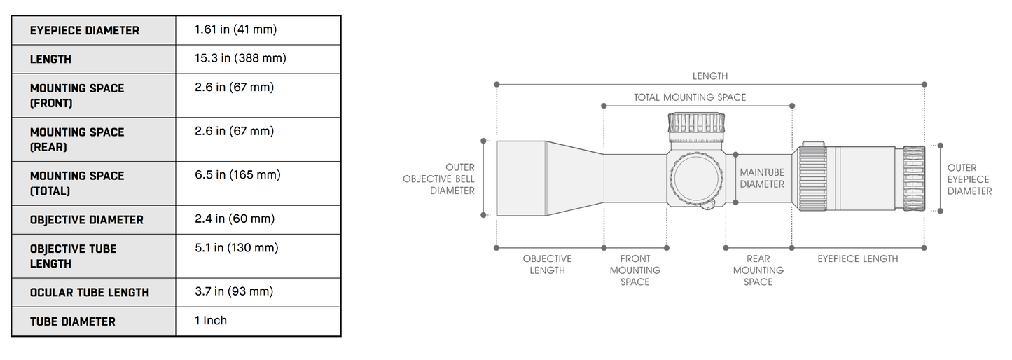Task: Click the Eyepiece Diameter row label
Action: tap(85, 31)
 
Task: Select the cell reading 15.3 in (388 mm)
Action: tap(240, 58)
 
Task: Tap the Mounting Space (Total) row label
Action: tap(77, 184)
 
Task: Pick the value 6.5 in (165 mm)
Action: tap(237, 175)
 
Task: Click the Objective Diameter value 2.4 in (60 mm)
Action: tap(235, 219)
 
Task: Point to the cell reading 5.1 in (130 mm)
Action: tap(236, 248)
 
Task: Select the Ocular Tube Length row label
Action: tap(90, 293)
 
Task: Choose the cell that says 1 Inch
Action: tap(211, 321)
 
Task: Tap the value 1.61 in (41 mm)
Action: tap(235, 29)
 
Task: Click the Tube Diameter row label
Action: tap(73, 321)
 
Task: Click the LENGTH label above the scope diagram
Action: tap(710, 76)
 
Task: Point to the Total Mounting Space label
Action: tap(690, 97)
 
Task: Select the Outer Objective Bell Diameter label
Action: tap(438, 179)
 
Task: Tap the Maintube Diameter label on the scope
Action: tap(762, 179)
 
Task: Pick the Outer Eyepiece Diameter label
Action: tap(969, 179)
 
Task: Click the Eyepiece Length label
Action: tap(858, 259)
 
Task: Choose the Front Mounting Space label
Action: tap(635, 270)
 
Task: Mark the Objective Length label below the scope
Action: tap(547, 264)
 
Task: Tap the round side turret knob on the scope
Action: tap(696, 178)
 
